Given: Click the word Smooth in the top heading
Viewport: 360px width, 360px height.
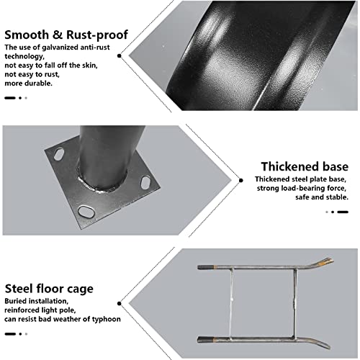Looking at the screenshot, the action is [27, 35].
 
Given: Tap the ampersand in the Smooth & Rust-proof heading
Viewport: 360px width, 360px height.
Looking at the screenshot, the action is [58, 35].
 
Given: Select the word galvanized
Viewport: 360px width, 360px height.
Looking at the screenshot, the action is [60, 48].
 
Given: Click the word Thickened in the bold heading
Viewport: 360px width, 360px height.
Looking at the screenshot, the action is [289, 166].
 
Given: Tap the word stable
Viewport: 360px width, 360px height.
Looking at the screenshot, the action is [337, 197].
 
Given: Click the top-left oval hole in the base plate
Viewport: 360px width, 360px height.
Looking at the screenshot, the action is [59, 154].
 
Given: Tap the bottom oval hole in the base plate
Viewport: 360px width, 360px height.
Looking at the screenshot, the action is [86, 212].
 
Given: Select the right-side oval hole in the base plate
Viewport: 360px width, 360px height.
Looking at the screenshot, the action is [145, 182].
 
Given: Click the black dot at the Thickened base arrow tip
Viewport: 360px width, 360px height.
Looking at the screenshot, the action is [240, 180].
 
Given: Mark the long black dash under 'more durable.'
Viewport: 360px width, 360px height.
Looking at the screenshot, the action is [10, 98].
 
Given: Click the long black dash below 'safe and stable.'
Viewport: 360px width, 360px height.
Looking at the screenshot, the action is [343, 212].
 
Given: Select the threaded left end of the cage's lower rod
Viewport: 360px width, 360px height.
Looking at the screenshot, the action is [204, 340].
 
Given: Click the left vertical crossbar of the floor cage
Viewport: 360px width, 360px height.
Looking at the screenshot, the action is [231, 304].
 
